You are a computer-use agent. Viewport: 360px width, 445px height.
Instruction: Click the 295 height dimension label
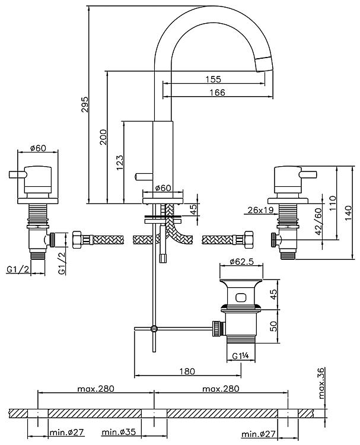point(85,104)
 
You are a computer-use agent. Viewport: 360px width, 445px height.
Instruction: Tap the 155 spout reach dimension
point(214,79)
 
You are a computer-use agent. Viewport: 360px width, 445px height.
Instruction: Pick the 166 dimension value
point(218,91)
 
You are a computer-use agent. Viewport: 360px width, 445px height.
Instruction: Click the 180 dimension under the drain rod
point(187,371)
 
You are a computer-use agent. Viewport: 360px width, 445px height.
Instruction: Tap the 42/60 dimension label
point(318,221)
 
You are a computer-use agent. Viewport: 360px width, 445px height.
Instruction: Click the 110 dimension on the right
point(332,203)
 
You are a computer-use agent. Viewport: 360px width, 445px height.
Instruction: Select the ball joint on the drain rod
point(154,328)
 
